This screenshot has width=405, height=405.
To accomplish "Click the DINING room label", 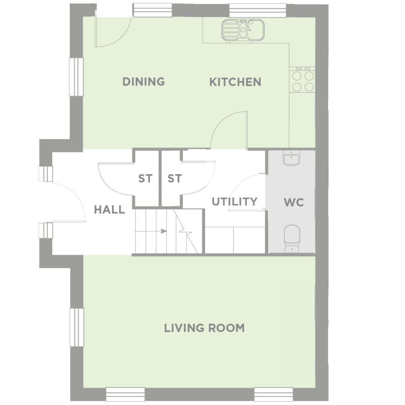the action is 144,82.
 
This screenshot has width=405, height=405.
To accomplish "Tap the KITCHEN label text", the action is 235,82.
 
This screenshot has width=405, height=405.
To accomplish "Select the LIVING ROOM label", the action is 204,328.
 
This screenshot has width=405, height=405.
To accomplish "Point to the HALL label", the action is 109,210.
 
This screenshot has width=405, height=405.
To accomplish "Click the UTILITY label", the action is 234,201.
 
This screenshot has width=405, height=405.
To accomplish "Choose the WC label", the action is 294,202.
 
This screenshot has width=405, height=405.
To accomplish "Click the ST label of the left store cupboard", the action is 145,178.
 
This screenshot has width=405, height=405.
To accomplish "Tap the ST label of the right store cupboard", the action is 175,178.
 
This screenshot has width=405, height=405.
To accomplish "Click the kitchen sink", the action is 243,30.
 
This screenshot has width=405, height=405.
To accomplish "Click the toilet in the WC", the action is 292,238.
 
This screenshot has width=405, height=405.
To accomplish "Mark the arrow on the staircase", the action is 151,231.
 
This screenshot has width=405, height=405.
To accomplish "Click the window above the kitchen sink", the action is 258,10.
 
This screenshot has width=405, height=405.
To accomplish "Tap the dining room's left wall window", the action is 76,77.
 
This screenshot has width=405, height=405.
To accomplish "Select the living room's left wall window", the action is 77,327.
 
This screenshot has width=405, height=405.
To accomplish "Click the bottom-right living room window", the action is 273,394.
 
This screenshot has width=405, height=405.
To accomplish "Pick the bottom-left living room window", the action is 125,394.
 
